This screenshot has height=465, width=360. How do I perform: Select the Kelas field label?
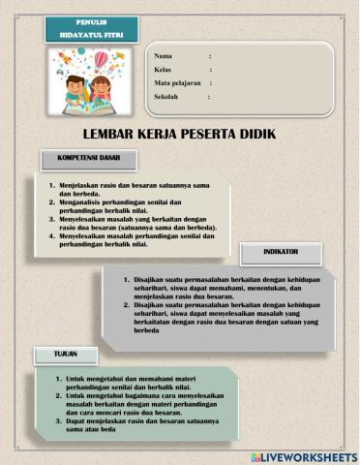[x=165, y=70]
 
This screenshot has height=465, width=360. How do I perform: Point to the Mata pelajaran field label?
[x=180, y=83]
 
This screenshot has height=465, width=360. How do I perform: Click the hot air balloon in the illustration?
[x=102, y=61]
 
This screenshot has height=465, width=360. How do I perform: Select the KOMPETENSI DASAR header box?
[x=88, y=158]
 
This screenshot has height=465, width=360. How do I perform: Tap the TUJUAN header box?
[x=66, y=355]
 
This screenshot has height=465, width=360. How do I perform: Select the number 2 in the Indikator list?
[x=127, y=305]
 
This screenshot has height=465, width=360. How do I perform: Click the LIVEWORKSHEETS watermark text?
[x=309, y=456]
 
